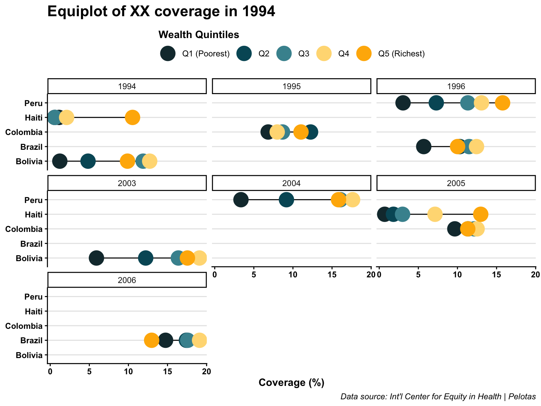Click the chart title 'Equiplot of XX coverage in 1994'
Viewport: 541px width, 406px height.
pyautogui.click(x=161, y=12)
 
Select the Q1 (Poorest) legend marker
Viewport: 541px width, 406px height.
pyautogui.click(x=168, y=54)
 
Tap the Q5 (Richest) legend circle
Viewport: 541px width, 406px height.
pyautogui.click(x=364, y=54)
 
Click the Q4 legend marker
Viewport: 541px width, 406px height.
pyautogui.click(x=324, y=54)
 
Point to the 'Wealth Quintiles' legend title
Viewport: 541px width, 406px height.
pyautogui.click(x=199, y=35)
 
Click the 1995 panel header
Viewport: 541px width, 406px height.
pyautogui.click(x=292, y=86)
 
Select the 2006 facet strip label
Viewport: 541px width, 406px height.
pyautogui.click(x=127, y=280)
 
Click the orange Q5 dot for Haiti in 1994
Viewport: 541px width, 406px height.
pyautogui.click(x=132, y=117)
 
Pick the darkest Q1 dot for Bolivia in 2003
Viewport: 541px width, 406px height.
pyautogui.click(x=96, y=258)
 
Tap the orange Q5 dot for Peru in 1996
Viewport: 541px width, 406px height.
pyautogui.click(x=503, y=103)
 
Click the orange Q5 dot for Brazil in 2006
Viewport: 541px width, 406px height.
pyautogui.click(x=151, y=340)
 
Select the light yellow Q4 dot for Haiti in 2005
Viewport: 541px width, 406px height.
pyautogui.click(x=435, y=214)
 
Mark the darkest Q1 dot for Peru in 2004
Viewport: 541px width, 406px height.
pyautogui.click(x=241, y=200)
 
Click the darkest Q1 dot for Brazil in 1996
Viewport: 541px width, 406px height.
pyautogui.click(x=424, y=147)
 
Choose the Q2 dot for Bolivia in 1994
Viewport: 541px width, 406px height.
pyautogui.click(x=88, y=161)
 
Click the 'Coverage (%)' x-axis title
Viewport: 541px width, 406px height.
pyautogui.click(x=291, y=383)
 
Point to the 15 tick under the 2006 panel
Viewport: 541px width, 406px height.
pyautogui.click(x=168, y=371)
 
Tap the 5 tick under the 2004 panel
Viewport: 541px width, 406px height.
pyautogui.click(x=254, y=275)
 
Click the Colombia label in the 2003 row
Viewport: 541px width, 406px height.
pyautogui.click(x=24, y=229)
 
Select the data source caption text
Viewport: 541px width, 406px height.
pyautogui.click(x=438, y=397)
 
